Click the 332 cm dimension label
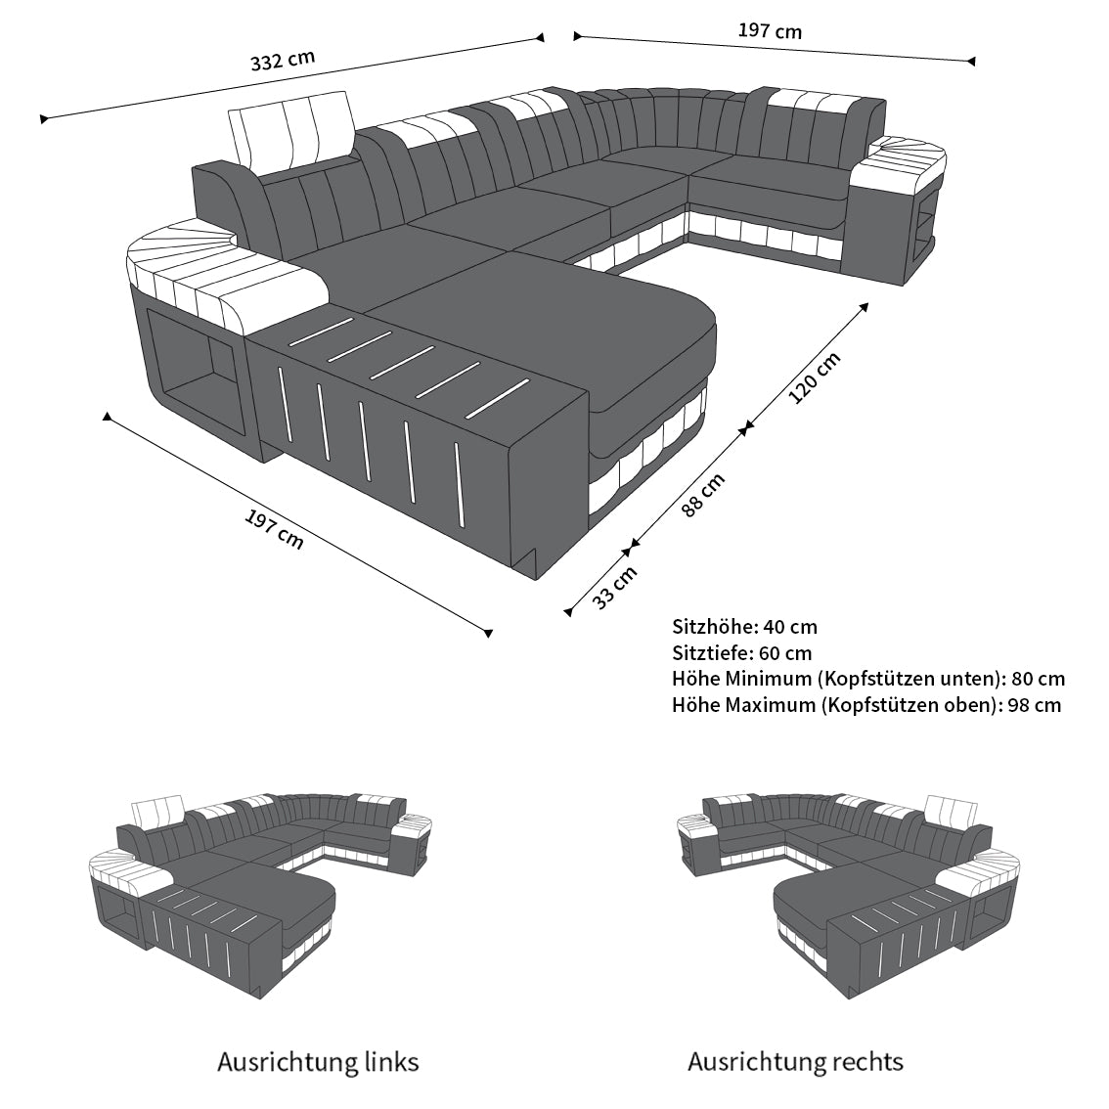pos(283,60)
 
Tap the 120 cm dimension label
pos(815,377)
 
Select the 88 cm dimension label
pos(703,495)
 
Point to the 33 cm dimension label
pos(614,588)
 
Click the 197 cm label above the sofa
pos(771,31)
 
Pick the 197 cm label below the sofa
pos(274,530)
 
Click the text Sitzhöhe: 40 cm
pos(745,627)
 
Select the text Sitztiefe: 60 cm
pos(742,653)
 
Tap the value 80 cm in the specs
pos(1039,679)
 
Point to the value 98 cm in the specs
pos(1035,704)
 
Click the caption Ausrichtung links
pos(318,1062)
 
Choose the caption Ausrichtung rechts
pos(796,1062)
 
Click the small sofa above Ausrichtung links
pos(259,895)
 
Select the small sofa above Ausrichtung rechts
pos(849,895)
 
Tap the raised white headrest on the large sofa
pos(291,132)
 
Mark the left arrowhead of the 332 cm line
pos(44,119)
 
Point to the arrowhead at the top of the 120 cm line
pos(864,307)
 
